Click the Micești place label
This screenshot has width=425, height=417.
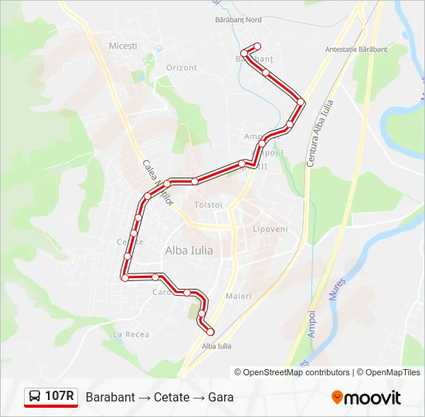click(123, 46)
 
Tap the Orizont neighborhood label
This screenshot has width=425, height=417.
click(182, 68)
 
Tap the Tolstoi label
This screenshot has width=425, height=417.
click(209, 205)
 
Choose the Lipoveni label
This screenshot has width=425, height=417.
click(270, 229)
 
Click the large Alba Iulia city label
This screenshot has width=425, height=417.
click(189, 250)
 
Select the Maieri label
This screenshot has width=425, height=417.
click(239, 296)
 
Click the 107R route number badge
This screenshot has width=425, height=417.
click(59, 397)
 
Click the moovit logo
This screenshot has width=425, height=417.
click(366, 398)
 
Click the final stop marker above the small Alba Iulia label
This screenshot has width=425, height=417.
click(210, 331)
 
